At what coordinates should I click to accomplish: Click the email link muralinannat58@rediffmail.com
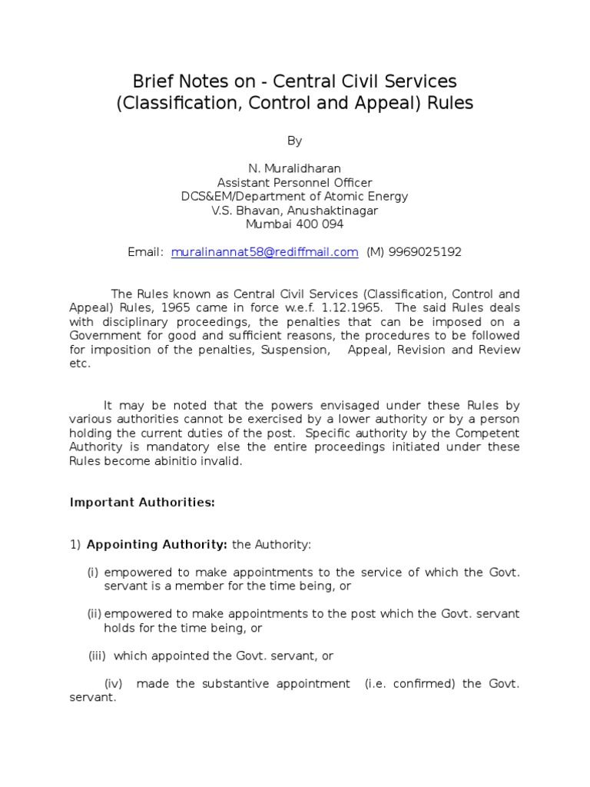coord(265,252)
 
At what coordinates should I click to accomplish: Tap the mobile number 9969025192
coord(426,252)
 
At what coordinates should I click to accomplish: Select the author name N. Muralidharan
coord(294,168)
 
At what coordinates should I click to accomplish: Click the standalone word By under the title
coord(294,141)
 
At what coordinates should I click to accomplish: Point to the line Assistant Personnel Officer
coord(294,182)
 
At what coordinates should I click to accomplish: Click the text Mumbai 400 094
coord(294,224)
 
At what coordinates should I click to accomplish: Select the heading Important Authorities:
coord(142,503)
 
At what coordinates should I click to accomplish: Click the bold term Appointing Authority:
coord(157,545)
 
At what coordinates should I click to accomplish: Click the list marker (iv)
coord(115,684)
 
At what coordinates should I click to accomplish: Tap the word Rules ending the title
coord(447,102)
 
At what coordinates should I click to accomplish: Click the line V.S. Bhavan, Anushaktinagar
coord(294,211)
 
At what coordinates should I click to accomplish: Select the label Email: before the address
coord(146,252)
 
